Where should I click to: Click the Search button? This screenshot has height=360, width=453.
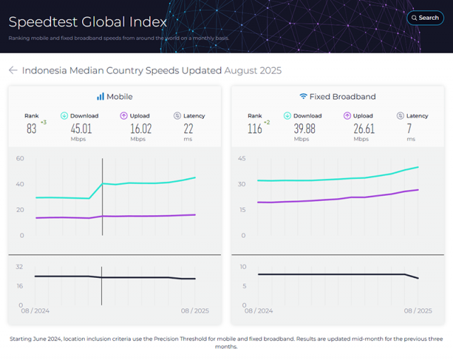(x=425, y=18)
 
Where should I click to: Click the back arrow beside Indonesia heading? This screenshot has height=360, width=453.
(x=13, y=71)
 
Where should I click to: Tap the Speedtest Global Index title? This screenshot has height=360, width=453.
(x=88, y=22)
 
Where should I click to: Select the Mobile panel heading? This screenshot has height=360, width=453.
(x=115, y=96)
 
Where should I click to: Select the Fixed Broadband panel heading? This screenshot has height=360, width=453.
(x=338, y=96)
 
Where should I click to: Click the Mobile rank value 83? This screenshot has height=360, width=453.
(x=31, y=129)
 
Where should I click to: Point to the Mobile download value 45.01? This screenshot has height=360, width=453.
(x=81, y=129)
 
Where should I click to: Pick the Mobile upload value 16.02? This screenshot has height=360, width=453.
(x=141, y=129)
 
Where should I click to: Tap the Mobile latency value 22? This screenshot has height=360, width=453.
(x=188, y=129)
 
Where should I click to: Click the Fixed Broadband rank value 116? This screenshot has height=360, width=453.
(x=255, y=129)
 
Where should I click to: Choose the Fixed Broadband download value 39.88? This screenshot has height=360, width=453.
(x=304, y=129)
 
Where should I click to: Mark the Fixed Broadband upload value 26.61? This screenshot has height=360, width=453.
(x=364, y=129)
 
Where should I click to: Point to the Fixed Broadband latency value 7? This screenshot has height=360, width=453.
(x=410, y=129)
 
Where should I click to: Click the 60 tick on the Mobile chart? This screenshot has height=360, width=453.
(x=20, y=158)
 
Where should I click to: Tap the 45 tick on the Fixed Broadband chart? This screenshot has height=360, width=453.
(x=242, y=158)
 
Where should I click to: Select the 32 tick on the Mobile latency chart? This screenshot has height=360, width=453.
(x=20, y=267)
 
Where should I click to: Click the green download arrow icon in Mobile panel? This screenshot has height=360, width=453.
(x=64, y=116)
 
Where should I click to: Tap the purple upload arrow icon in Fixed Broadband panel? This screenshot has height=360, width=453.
(x=348, y=116)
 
